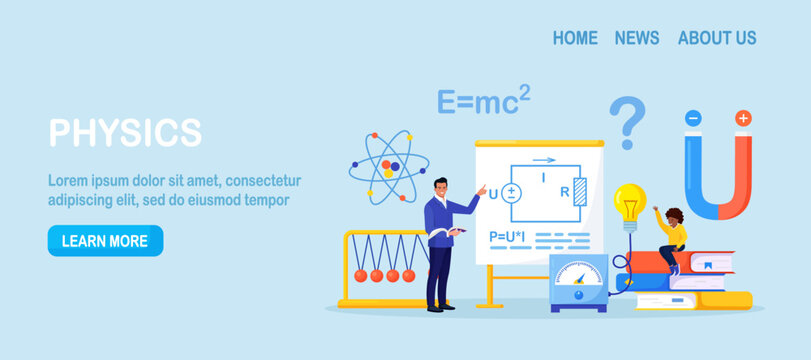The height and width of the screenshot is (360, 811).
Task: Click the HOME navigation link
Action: pyautogui.click(x=575, y=38)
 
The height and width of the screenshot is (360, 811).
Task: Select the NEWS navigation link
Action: pyautogui.click(x=637, y=38)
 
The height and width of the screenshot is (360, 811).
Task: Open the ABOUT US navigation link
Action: pyautogui.click(x=717, y=38)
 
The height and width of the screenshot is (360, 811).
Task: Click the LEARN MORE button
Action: pyautogui.click(x=105, y=241)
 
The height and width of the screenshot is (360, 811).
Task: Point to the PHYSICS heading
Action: pyautogui.click(x=125, y=132)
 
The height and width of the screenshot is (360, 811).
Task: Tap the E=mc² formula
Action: pyautogui.click(x=483, y=101)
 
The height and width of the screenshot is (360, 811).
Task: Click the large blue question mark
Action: pyautogui.click(x=628, y=121)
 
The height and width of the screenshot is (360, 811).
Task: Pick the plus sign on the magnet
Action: pyautogui.click(x=742, y=118)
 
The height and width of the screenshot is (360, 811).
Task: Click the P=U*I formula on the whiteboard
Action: pyautogui.click(x=507, y=237)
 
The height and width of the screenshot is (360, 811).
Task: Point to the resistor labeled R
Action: pyautogui.click(x=579, y=192)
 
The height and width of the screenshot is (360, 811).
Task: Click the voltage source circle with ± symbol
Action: pyautogui.click(x=512, y=191)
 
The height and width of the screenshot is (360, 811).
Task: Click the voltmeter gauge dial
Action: pyautogui.click(x=578, y=274)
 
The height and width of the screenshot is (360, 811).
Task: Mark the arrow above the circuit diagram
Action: pyautogui.click(x=544, y=159)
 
